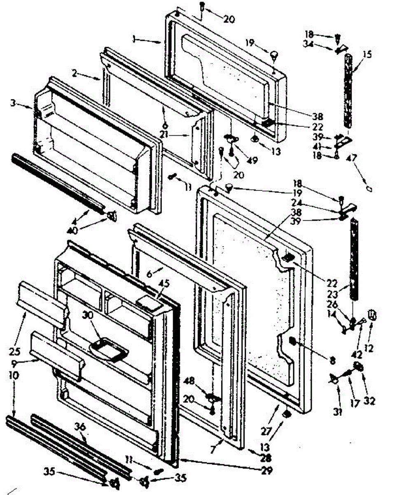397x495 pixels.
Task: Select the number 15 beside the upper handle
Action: point(367,54)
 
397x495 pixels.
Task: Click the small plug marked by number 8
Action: point(292,341)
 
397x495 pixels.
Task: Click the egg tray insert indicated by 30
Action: point(108,348)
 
